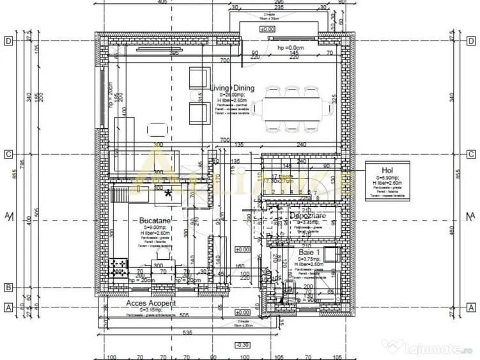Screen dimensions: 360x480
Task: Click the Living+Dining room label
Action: click(x=232, y=88)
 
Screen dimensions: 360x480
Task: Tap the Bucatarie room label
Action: click(x=155, y=221)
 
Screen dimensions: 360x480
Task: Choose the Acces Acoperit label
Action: click(x=151, y=303)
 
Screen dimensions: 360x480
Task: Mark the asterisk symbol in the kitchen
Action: click(x=169, y=194)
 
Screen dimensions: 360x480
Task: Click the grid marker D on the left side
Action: click(x=9, y=41)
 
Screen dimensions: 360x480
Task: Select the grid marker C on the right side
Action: click(x=470, y=154)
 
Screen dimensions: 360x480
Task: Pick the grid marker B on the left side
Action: click(x=9, y=287)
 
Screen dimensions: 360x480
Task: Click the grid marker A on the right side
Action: click(x=470, y=307)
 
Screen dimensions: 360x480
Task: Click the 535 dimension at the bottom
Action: click(x=187, y=333)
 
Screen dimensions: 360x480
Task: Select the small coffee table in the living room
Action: click(x=158, y=130)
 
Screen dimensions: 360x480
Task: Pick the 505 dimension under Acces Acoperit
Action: click(x=184, y=315)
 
